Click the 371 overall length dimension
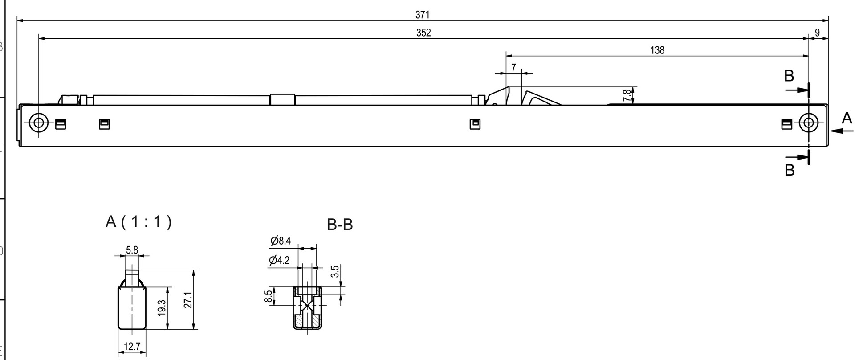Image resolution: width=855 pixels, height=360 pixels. (x=422, y=15)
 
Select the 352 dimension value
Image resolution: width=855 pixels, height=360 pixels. (x=423, y=33)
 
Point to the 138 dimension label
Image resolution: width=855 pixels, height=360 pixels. (x=657, y=50)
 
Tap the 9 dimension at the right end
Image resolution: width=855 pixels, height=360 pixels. (x=817, y=33)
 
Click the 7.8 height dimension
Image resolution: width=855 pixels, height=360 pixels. (x=627, y=95)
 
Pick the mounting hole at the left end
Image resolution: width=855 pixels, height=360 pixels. (x=39, y=123)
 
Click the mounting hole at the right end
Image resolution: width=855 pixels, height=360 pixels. (x=808, y=123)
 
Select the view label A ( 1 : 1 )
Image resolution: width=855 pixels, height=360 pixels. (x=138, y=221)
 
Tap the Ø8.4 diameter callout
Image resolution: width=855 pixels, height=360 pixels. (x=281, y=241)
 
